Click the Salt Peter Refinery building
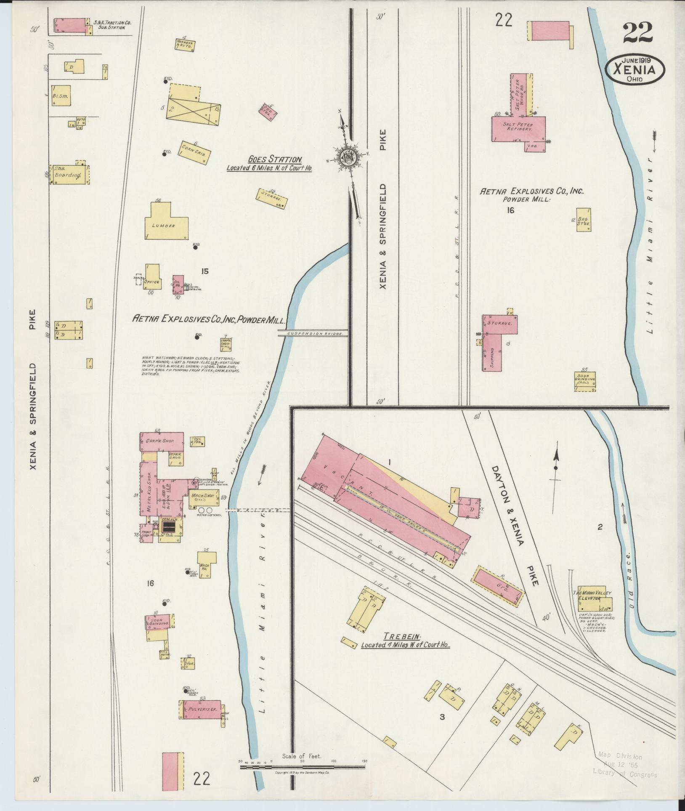tap(518, 128)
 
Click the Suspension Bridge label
tap(313, 333)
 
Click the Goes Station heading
tap(275, 160)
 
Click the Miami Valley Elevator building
tap(594, 598)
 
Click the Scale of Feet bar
tap(302, 767)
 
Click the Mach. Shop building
tap(204, 497)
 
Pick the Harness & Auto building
tap(185, 45)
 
